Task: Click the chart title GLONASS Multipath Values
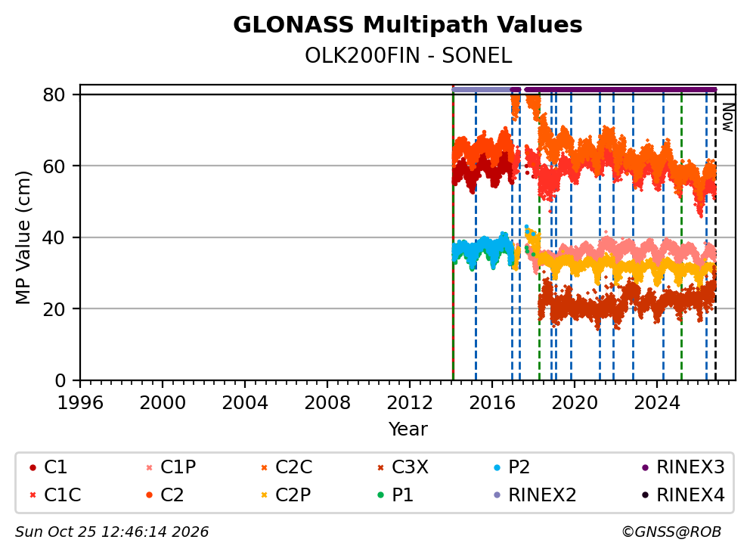[408, 25]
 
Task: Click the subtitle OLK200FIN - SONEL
[408, 56]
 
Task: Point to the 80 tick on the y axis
[54, 95]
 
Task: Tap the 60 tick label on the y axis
[54, 166]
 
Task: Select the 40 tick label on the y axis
[54, 237]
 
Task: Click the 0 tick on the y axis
[60, 380]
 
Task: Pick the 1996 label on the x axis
[80, 403]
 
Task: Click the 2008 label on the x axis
[327, 403]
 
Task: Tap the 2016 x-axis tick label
[492, 403]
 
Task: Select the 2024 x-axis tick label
[657, 403]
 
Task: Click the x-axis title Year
[408, 429]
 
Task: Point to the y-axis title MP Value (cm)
[23, 237]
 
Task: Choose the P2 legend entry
[511, 467]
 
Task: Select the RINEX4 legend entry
[683, 495]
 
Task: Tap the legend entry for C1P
[171, 467]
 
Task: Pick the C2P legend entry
[286, 495]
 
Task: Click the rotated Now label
[727, 117]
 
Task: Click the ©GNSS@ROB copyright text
[671, 532]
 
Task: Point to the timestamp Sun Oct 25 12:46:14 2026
[112, 532]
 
